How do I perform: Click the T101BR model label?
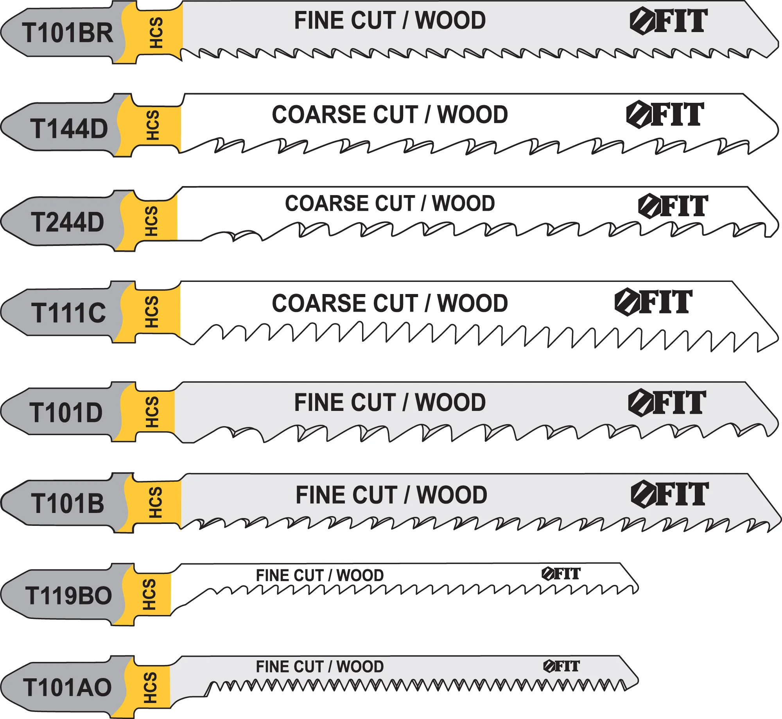[67, 32]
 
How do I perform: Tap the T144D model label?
[69, 129]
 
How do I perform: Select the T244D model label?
[67, 222]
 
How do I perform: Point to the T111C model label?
[68, 313]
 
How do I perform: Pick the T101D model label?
[66, 412]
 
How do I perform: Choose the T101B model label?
[68, 503]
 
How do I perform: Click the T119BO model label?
[68, 596]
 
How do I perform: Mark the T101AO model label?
[67, 687]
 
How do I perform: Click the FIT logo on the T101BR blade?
[669, 21]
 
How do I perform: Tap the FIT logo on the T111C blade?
[653, 302]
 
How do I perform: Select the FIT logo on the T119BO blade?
[561, 574]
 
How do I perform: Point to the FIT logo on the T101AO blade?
[561, 666]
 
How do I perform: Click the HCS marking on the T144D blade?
[153, 125]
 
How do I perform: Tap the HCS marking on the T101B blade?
[155, 502]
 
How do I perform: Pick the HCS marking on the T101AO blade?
[150, 688]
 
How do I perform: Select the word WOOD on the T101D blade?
[450, 403]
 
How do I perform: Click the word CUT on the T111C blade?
[396, 303]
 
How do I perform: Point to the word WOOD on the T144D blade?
[472, 115]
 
